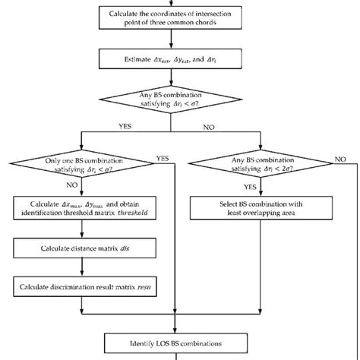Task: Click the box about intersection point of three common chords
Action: pyautogui.click(x=179, y=17)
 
